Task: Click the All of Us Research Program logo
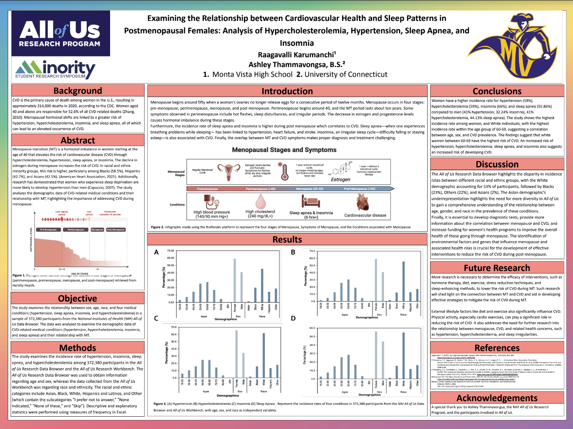[61, 34]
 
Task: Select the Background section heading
[78, 90]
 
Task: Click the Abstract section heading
[78, 140]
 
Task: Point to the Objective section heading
[78, 298]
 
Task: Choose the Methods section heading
[78, 348]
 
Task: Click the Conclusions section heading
[497, 91]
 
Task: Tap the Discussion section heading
[497, 164]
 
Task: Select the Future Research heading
[497, 268]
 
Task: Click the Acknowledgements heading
[497, 398]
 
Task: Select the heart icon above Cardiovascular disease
[363, 202]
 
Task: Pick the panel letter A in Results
[156, 253]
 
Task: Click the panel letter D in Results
[293, 318]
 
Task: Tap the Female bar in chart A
[235, 280]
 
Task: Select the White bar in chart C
[264, 355]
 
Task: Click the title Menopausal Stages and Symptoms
[284, 150]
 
